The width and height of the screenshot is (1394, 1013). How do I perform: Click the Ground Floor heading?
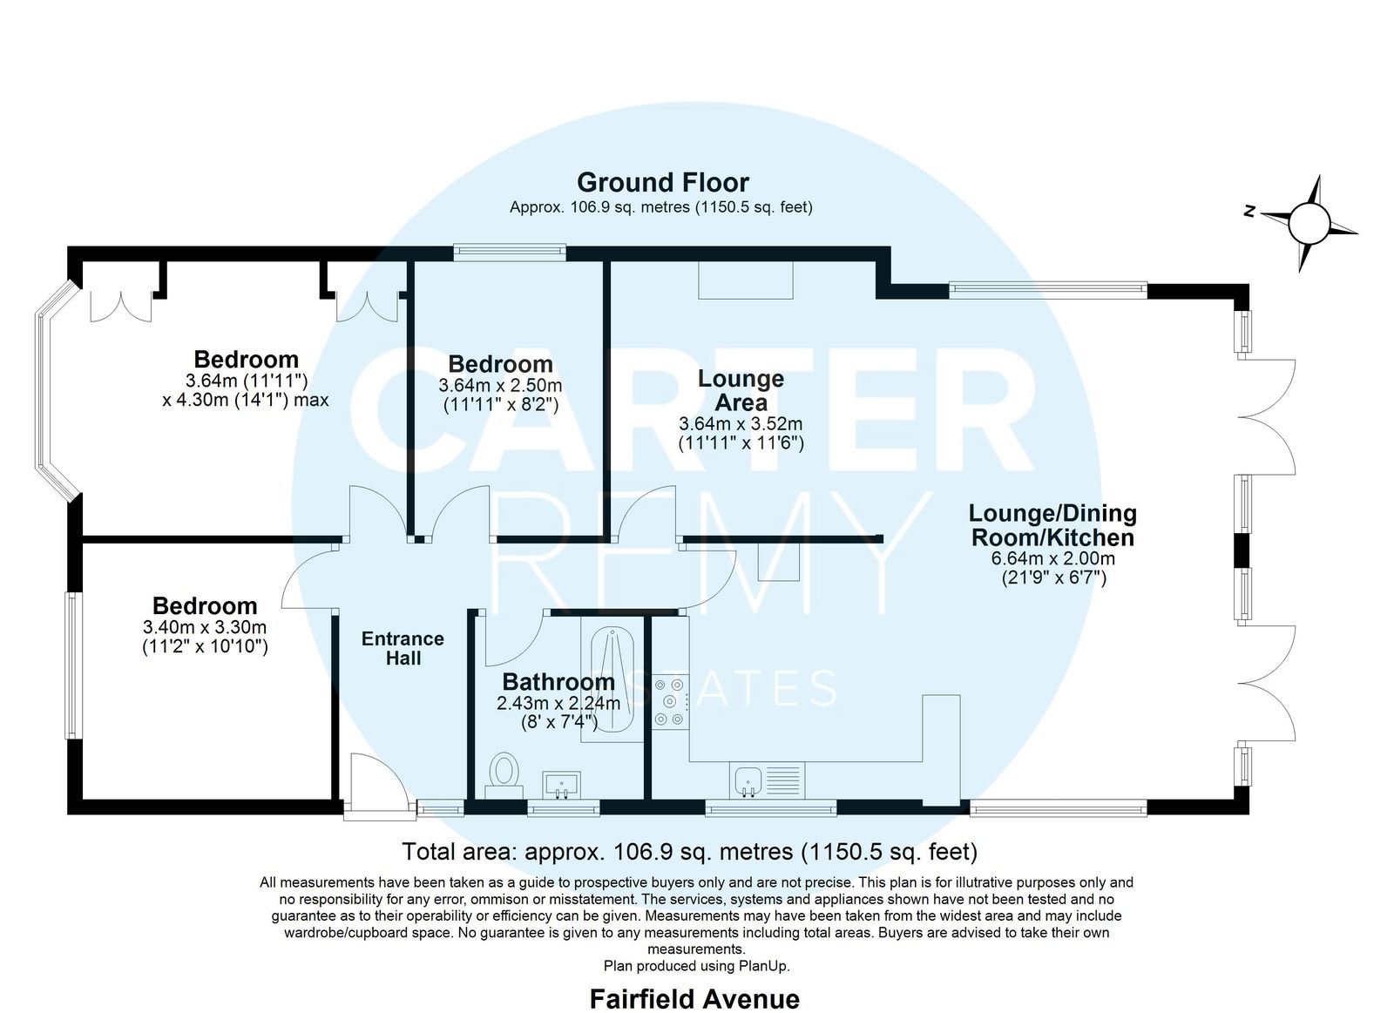point(663,182)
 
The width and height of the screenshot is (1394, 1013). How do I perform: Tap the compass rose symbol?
point(1309,224)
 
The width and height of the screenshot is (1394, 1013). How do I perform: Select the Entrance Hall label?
point(403,648)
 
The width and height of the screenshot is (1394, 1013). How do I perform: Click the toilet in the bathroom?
point(504,775)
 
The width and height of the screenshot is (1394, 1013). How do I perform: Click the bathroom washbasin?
point(561,786)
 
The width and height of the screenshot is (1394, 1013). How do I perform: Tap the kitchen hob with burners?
point(670,702)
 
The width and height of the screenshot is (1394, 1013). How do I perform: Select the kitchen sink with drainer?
point(767,780)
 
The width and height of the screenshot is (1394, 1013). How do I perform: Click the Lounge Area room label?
point(741,390)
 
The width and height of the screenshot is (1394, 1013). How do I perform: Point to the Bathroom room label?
point(558,682)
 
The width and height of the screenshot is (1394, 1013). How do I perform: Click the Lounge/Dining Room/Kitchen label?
point(1053,525)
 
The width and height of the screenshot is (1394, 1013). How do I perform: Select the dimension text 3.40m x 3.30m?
point(205,626)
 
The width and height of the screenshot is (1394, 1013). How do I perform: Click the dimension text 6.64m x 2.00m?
point(1053,558)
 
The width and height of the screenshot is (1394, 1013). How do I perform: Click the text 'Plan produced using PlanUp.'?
point(696,966)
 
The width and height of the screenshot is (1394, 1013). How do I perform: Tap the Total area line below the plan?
point(689,851)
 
